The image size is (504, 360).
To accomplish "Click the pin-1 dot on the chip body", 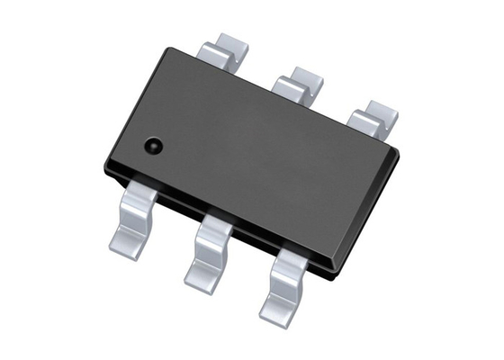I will [x=152, y=143].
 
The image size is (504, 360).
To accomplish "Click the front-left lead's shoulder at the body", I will [x=147, y=193].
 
